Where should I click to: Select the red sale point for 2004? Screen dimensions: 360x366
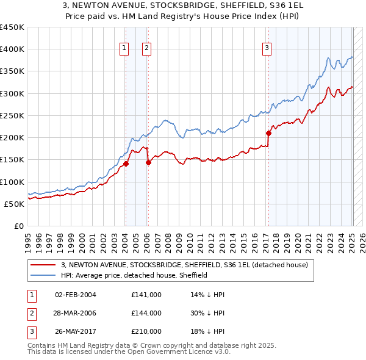pos(126,164)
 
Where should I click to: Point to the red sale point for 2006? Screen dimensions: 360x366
pos(148,162)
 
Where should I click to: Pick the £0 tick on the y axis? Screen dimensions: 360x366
pos(18,226)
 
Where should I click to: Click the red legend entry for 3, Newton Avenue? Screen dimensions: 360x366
pos(188,265)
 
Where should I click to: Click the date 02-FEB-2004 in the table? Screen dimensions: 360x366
pos(76,295)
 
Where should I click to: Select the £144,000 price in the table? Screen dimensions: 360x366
pos(146,313)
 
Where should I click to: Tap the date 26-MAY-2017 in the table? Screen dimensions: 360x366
pos(76,331)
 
